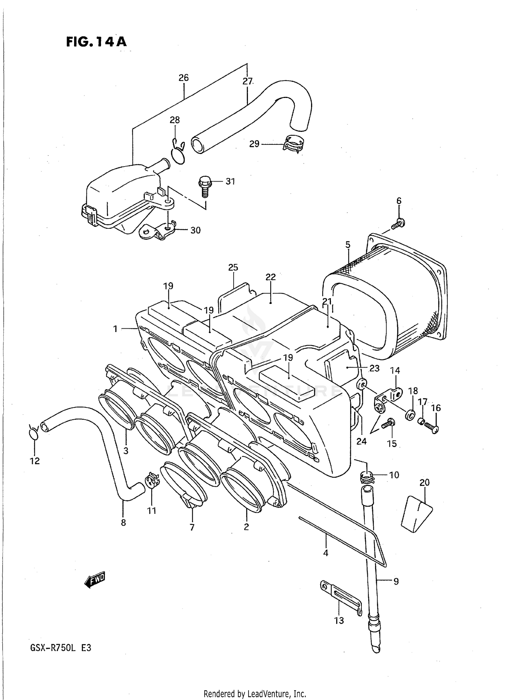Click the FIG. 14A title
(x=96, y=41)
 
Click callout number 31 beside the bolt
(x=230, y=182)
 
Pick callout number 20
(x=424, y=482)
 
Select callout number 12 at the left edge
(x=35, y=461)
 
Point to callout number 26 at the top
(x=184, y=78)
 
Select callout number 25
(x=233, y=268)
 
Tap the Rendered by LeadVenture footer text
(x=255, y=694)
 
